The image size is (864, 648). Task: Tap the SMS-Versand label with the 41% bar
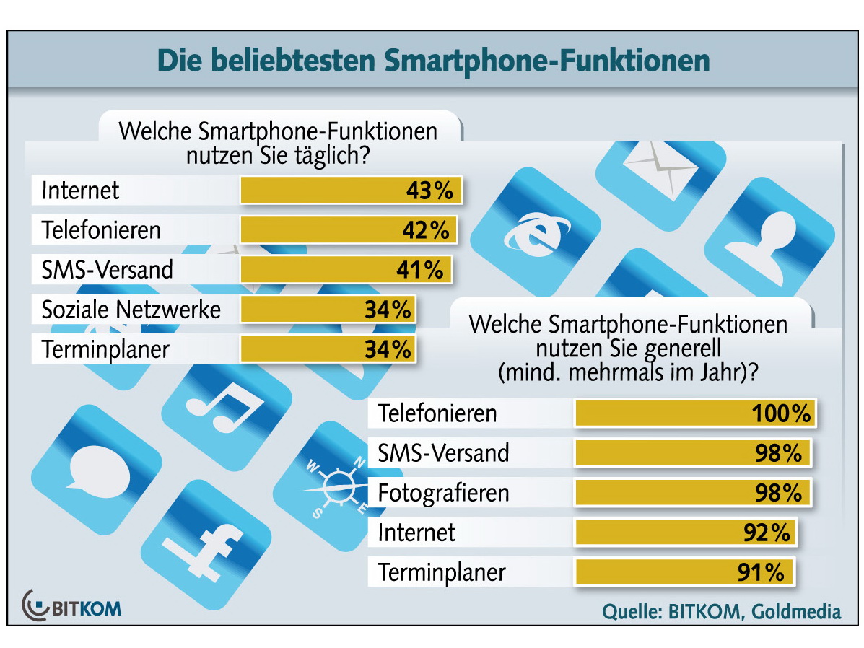pos(108,270)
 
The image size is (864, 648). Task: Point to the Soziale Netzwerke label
pos(131,310)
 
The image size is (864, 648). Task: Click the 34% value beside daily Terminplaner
pos(388,349)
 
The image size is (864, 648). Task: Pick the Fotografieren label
pos(444,493)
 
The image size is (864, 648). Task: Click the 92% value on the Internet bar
pos(767,533)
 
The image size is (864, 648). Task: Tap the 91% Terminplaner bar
pos(684,573)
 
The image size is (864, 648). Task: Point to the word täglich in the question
pos(333,155)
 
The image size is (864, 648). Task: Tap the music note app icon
pos(224,408)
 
